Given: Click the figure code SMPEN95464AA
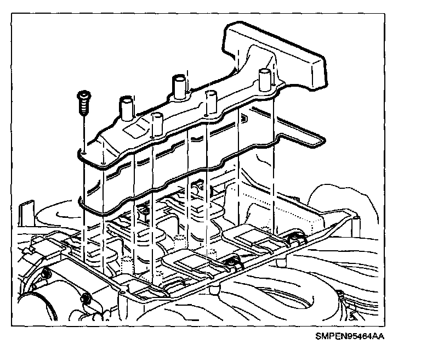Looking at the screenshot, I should (349, 337).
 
